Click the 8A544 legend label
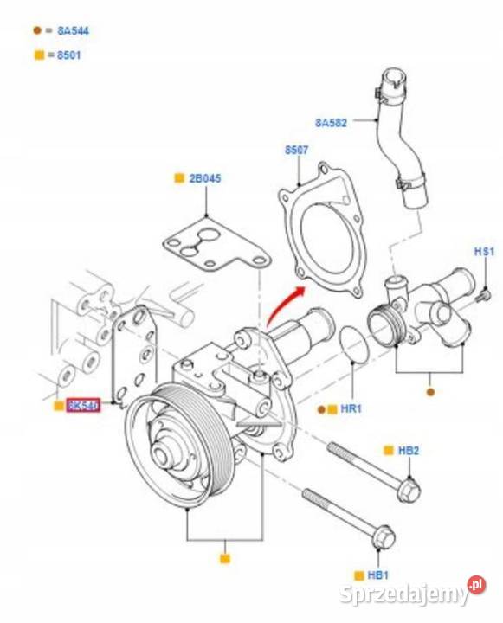[72, 30]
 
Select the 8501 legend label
[69, 55]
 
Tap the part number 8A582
[330, 123]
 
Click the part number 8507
[296, 150]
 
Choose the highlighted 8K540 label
[84, 405]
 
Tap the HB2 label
[408, 451]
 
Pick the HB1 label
[377, 575]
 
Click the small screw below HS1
[484, 296]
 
